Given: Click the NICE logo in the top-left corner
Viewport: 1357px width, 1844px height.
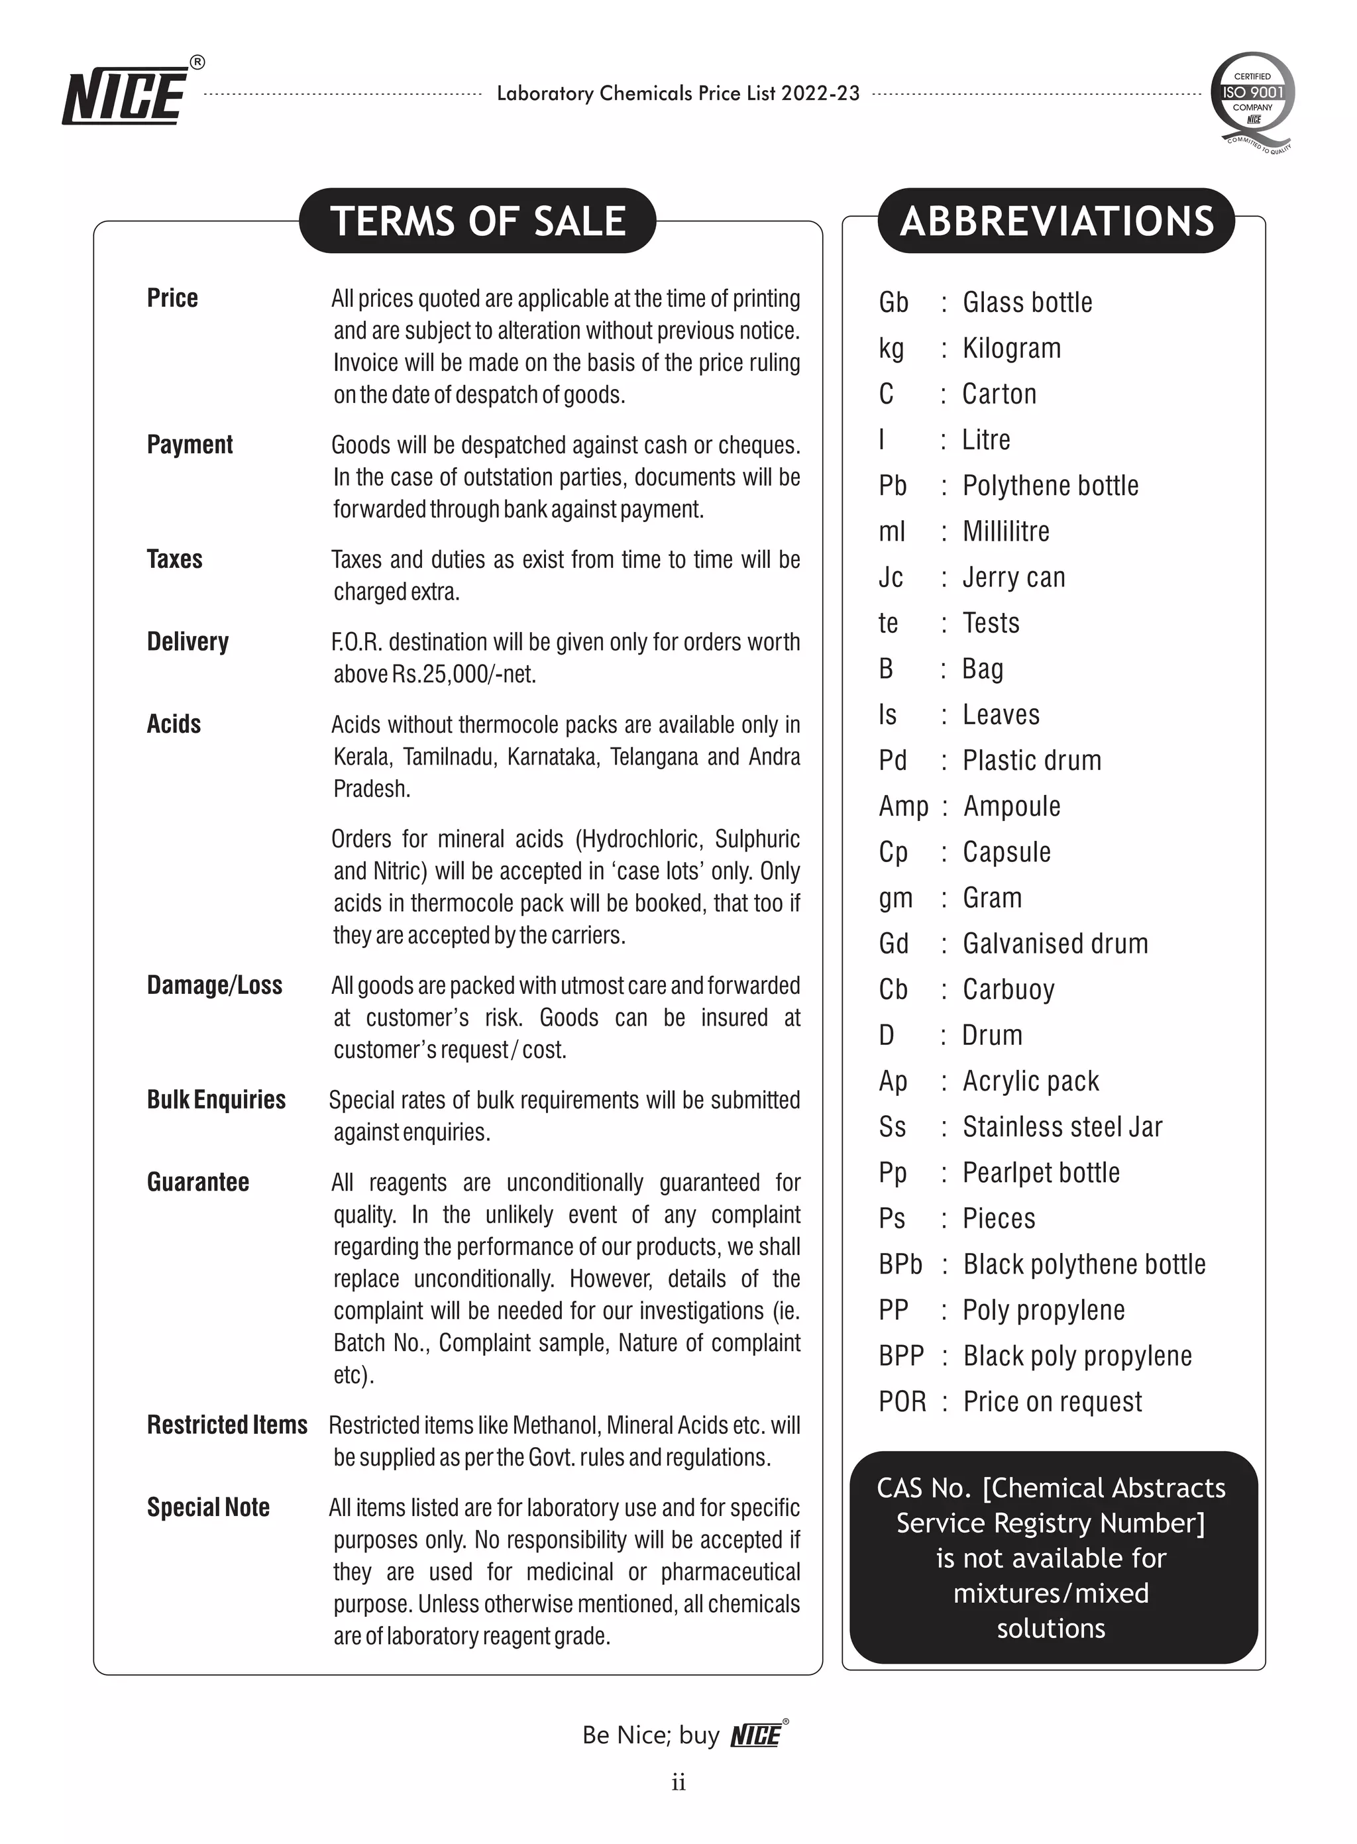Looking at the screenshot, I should pos(127,93).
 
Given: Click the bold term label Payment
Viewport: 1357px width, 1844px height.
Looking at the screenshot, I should pos(190,445).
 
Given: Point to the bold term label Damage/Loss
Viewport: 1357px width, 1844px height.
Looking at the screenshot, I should pos(215,985).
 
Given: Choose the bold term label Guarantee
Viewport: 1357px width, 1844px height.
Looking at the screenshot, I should pos(198,1182).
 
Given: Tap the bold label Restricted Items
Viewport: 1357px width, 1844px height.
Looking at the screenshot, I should pos(227,1425).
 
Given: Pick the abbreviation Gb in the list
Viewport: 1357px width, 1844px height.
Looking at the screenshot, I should pos(893,302).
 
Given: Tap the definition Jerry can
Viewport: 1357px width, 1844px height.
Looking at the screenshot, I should pos(1014,577).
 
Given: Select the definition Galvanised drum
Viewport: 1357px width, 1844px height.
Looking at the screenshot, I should pos(1055,944).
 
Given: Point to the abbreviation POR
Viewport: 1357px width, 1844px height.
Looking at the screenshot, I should pos(902,1401).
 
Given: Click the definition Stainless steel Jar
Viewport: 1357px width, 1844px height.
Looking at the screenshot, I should pos(1062,1127).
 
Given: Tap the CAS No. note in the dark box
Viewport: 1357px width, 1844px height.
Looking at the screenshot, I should pos(1051,1557).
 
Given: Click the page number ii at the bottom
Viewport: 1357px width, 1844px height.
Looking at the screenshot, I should pos(678,1782).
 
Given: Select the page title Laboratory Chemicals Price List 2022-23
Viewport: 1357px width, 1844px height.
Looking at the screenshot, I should pos(678,93).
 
